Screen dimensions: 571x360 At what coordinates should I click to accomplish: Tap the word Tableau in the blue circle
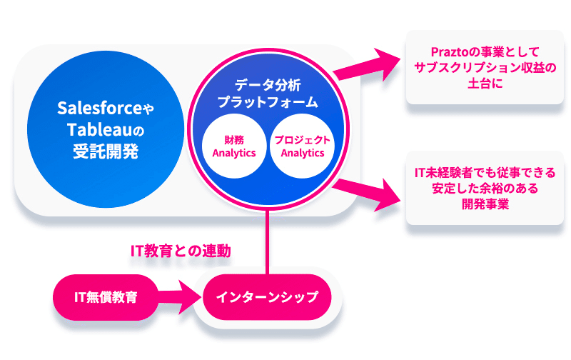99,129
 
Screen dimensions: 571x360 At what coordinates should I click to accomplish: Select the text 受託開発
106,151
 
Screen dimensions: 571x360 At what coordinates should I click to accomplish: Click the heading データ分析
268,85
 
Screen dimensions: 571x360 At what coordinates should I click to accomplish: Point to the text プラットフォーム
268,102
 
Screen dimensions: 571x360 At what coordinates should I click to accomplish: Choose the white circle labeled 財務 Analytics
234,146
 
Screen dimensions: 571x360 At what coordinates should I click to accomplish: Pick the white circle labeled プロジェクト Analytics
302,146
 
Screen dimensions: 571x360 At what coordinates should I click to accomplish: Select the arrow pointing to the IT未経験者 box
366,193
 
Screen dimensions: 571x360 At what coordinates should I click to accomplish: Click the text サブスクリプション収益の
485,68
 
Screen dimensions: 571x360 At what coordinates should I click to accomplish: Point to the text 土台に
485,84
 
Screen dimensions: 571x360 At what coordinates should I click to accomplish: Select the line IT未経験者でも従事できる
485,172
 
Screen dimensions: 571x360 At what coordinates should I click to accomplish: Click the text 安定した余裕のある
485,189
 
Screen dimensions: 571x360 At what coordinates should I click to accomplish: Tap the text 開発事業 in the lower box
485,204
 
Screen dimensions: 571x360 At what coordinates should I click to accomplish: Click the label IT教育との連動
181,251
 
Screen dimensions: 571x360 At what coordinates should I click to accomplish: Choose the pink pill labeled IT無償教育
106,297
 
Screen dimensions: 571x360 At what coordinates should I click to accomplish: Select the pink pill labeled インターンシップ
267,297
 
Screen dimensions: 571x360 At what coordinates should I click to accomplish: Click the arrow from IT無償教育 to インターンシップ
179,297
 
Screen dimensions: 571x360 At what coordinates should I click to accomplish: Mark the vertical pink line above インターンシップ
268,241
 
